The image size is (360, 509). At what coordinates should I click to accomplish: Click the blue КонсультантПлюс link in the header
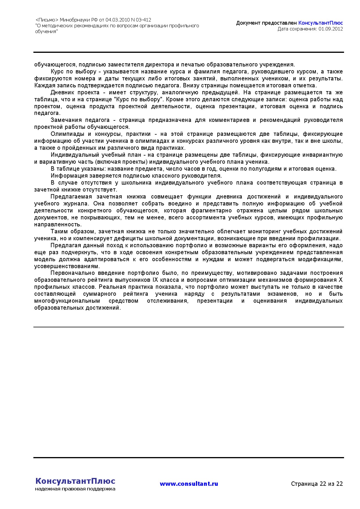pyautogui.click(x=321, y=23)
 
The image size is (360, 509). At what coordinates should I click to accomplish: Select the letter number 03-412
pyautogui.click(x=143, y=20)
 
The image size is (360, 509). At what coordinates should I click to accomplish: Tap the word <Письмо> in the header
pyautogui.click(x=47, y=20)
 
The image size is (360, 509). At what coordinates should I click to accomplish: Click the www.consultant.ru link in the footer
pyautogui.click(x=189, y=484)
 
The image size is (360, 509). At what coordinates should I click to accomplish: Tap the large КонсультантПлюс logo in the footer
pyautogui.click(x=75, y=481)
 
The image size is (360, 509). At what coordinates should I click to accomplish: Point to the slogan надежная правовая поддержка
pyautogui.click(x=75, y=489)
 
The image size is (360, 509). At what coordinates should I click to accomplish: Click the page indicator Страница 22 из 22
pyautogui.click(x=317, y=484)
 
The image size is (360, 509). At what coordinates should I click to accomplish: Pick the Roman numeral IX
pyautogui.click(x=155, y=280)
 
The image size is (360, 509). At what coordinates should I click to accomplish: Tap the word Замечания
pyautogui.click(x=65, y=120)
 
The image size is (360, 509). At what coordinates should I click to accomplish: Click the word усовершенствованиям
pyautogui.click(x=67, y=266)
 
